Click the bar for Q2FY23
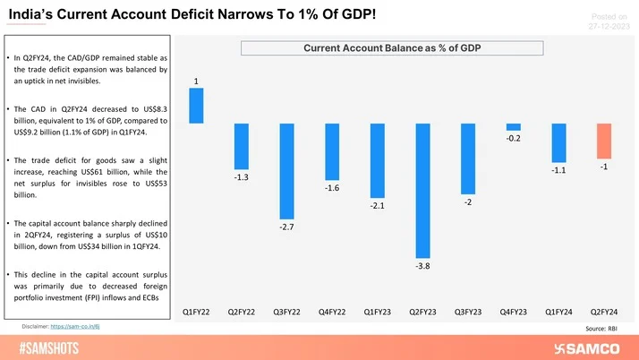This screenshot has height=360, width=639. tap(422, 191)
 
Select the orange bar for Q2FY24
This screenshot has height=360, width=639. tap(604, 139)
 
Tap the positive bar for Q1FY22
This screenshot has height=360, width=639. tap(196, 106)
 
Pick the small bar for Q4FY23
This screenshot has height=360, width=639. tap(513, 127)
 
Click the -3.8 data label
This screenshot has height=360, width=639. tap(422, 266)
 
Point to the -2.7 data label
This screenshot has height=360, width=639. tap(286, 227)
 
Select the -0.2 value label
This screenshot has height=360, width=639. tap(513, 139)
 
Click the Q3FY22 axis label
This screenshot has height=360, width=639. tap(286, 313)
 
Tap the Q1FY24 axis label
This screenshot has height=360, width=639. tap(558, 313)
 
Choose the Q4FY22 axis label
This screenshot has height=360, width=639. tap(332, 313)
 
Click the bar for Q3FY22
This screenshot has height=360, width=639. tap(286, 171)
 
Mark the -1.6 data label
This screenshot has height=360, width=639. tap(332, 189)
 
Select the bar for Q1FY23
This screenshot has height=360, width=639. tap(377, 161)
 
